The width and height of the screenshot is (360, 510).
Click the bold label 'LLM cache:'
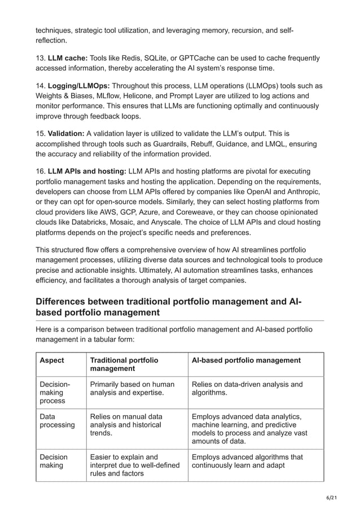[67, 58]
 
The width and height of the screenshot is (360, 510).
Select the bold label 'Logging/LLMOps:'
[78, 86]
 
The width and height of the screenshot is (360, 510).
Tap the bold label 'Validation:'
[66, 134]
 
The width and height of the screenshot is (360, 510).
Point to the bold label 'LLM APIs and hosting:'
[87, 171]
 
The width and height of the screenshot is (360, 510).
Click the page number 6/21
[336, 498]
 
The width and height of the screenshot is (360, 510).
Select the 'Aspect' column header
[51, 360]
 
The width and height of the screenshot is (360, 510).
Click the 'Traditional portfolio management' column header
[124, 364]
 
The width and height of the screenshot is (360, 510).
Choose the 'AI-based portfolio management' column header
[246, 360]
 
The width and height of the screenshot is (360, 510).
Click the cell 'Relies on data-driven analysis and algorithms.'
[247, 389]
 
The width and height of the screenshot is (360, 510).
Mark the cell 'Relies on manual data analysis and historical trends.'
[125, 425]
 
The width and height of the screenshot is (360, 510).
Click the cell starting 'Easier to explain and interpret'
[134, 465]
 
